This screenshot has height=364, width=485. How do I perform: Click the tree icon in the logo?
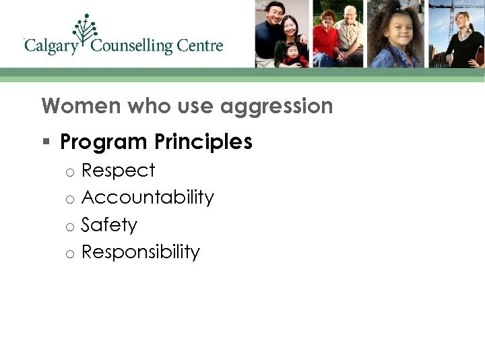86,30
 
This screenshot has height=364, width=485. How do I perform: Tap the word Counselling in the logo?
132,47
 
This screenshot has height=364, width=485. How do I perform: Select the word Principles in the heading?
203,142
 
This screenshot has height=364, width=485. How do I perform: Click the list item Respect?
118,171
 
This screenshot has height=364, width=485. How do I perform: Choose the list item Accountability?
148,198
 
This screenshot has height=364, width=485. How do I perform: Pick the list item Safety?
109,224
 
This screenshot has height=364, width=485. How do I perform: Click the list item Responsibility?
141,252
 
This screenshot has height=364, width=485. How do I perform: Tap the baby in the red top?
294,54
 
